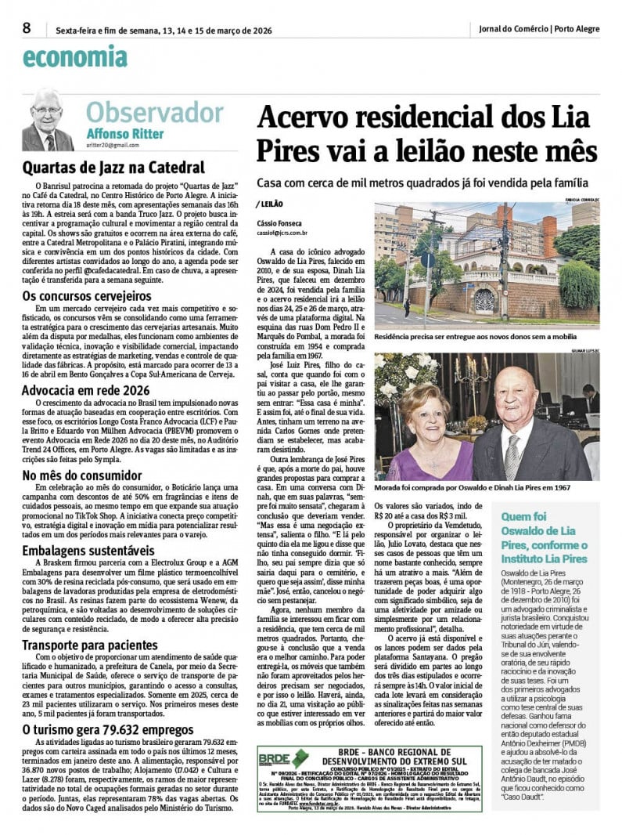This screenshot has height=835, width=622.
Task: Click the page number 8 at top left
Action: tap(27, 27)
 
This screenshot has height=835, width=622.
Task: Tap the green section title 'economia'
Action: tap(74, 56)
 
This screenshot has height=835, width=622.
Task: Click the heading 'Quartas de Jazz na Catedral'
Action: tap(113, 168)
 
